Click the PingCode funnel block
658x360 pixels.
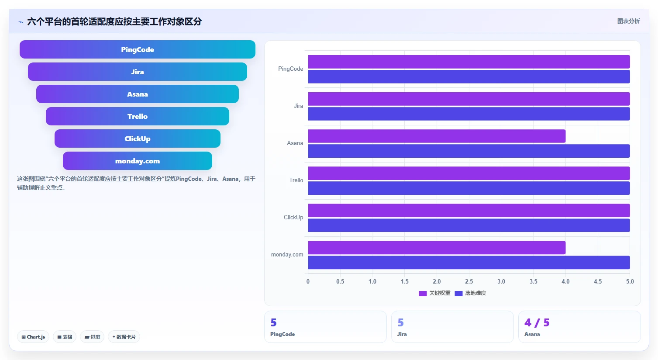tap(138, 49)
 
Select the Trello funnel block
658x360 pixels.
tap(138, 116)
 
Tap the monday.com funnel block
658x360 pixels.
tap(138, 161)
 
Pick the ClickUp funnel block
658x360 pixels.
tap(138, 138)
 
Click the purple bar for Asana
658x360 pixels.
tap(437, 136)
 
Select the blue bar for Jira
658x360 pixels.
tap(469, 114)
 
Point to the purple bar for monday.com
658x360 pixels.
tap(437, 248)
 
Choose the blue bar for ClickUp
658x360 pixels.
tap(469, 225)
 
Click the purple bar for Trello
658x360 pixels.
tap(469, 173)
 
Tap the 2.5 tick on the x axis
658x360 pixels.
tap(469, 281)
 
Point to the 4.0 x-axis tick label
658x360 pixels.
tap(565, 281)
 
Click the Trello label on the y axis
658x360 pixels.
tap(296, 180)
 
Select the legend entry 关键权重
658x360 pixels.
tap(434, 293)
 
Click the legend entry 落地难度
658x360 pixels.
tap(470, 293)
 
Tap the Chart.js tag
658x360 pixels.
tap(33, 337)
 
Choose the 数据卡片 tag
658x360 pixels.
tap(124, 337)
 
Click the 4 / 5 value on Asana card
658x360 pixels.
tap(537, 323)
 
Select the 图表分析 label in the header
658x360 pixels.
tap(628, 21)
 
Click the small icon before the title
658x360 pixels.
tap(21, 22)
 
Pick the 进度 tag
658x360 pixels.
tap(92, 337)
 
